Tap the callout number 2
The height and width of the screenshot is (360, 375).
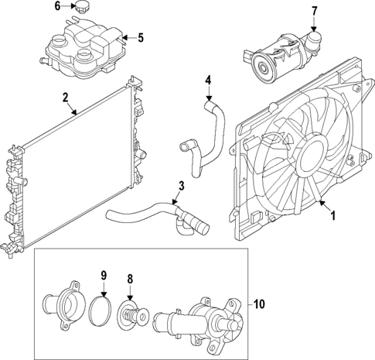pos(65,98)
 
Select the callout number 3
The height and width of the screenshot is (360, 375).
pos(179,186)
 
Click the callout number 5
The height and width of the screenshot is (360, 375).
pos(140,36)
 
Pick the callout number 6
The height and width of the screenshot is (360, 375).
pos(57,6)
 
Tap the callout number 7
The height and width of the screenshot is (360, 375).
pos(314,11)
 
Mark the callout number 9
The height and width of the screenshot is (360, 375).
pos(102,274)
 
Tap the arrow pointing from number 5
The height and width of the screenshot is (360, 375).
pos(126,36)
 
